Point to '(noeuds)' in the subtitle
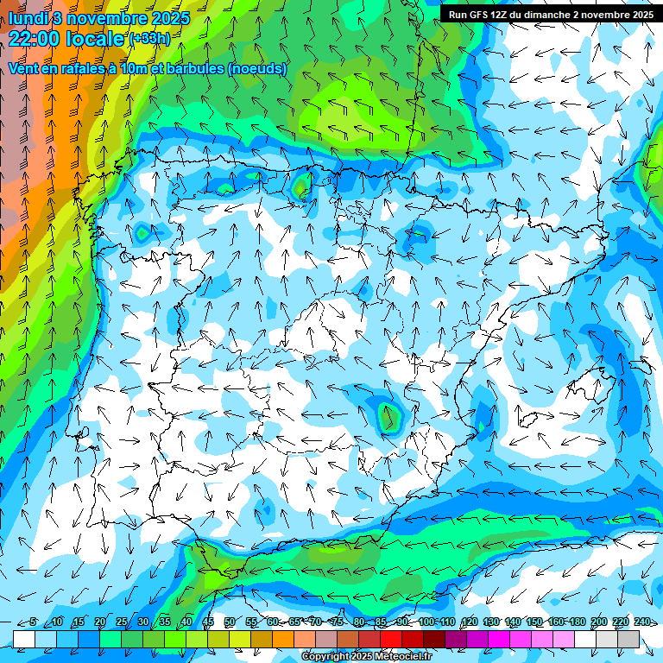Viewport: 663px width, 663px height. [257, 69]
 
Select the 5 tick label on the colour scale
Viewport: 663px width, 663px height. [33, 622]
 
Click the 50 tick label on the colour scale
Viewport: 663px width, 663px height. [230, 622]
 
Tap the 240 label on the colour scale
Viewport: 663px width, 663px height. [641, 622]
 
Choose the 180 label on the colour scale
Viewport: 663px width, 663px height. [577, 622]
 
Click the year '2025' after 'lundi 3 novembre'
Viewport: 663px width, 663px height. [170, 17]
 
